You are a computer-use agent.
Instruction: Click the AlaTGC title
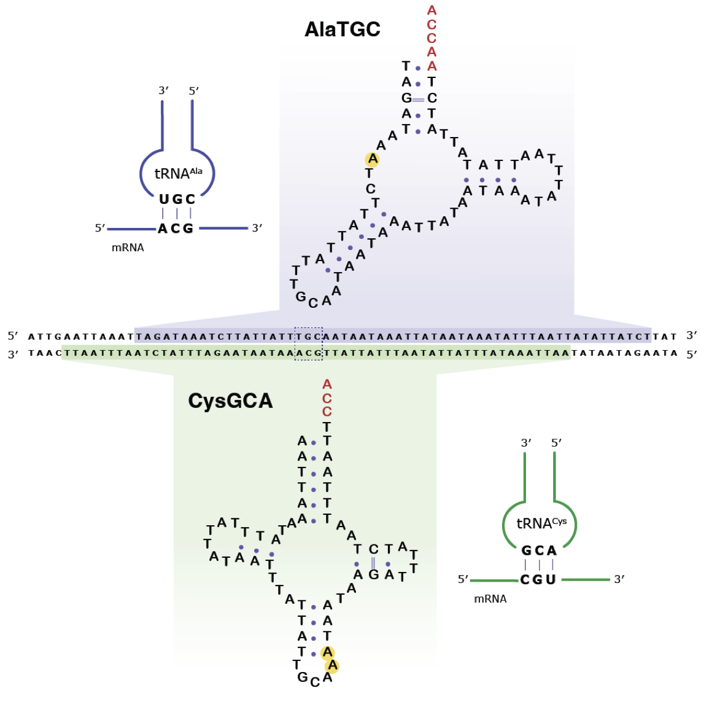pyautogui.click(x=343, y=29)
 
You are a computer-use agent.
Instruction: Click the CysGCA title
pyautogui.click(x=230, y=401)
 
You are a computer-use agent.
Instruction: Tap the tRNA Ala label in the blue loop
pyautogui.click(x=177, y=174)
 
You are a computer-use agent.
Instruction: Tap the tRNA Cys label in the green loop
pyautogui.click(x=541, y=523)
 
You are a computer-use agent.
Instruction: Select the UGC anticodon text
pyautogui.click(x=177, y=199)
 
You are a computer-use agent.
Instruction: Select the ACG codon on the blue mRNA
pyautogui.click(x=176, y=229)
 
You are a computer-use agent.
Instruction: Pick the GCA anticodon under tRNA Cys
pyautogui.click(x=539, y=550)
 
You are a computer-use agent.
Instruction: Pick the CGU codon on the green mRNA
pyautogui.click(x=538, y=579)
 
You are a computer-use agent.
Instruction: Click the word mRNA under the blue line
pyautogui.click(x=128, y=248)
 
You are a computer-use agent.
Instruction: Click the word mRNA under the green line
pyautogui.click(x=490, y=598)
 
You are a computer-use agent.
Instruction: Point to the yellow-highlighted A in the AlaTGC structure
pyautogui.click(x=372, y=160)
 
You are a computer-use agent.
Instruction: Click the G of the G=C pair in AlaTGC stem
pyautogui.click(x=406, y=98)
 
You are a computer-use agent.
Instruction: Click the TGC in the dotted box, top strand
pyautogui.click(x=309, y=337)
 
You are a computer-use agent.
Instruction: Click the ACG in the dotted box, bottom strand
pyautogui.click(x=309, y=353)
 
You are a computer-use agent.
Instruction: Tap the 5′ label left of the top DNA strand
pyautogui.click(x=14, y=336)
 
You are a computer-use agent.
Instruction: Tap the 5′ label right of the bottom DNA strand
pyautogui.click(x=692, y=354)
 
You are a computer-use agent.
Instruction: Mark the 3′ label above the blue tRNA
pyautogui.click(x=163, y=91)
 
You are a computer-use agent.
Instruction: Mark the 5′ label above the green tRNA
pyautogui.click(x=556, y=443)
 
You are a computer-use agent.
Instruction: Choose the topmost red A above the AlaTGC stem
pyautogui.click(x=432, y=10)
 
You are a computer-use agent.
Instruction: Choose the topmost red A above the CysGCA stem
pyautogui.click(x=327, y=385)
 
